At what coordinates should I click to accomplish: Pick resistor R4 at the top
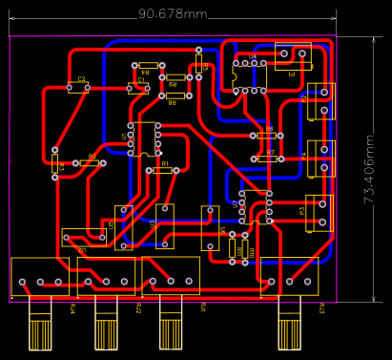pos(146,65)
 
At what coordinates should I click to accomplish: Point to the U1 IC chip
pos(144,138)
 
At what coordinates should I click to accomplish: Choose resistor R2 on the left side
pos(90,162)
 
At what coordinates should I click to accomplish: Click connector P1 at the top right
pos(293,60)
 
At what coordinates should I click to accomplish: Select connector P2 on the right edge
pos(320,101)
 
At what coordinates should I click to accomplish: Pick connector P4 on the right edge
pos(320,159)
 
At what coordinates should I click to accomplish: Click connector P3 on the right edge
pos(318,213)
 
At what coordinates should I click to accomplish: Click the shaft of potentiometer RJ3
pos(288,330)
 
